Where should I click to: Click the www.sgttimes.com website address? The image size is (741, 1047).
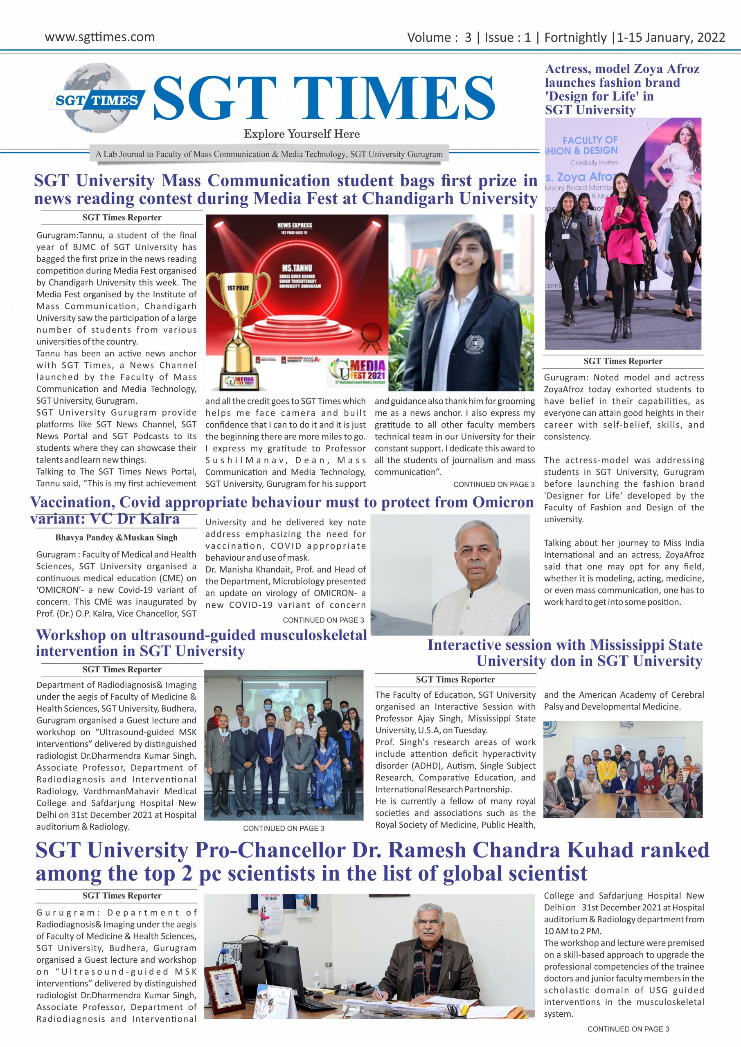pyautogui.click(x=99, y=37)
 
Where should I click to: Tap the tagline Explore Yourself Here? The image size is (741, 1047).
pyautogui.click(x=302, y=134)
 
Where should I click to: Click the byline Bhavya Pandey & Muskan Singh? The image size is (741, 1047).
pyautogui.click(x=116, y=538)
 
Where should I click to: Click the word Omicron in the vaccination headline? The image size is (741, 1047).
pyautogui.click(x=503, y=502)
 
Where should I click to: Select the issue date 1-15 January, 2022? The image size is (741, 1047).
pyautogui.click(x=671, y=37)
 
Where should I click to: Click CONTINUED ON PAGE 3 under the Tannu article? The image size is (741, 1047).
pyautogui.click(x=494, y=484)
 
